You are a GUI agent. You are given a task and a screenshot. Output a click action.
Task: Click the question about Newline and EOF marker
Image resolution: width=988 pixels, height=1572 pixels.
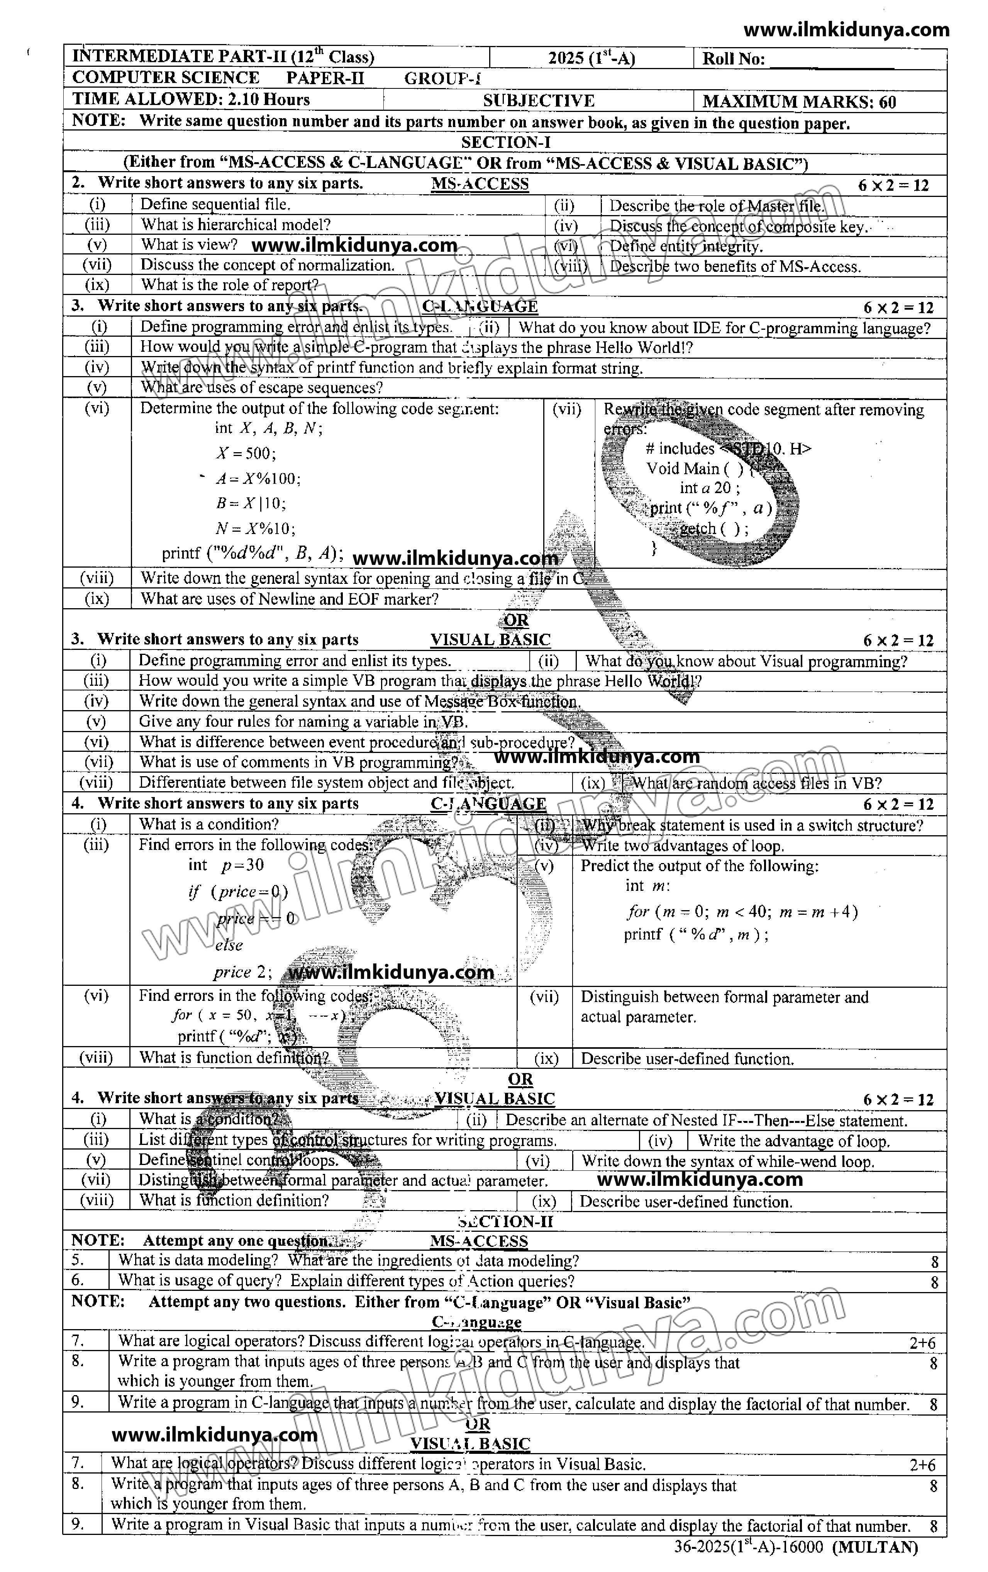[x=289, y=599]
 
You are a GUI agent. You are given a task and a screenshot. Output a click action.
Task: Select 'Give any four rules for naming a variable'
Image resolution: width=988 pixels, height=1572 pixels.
[x=303, y=721]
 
